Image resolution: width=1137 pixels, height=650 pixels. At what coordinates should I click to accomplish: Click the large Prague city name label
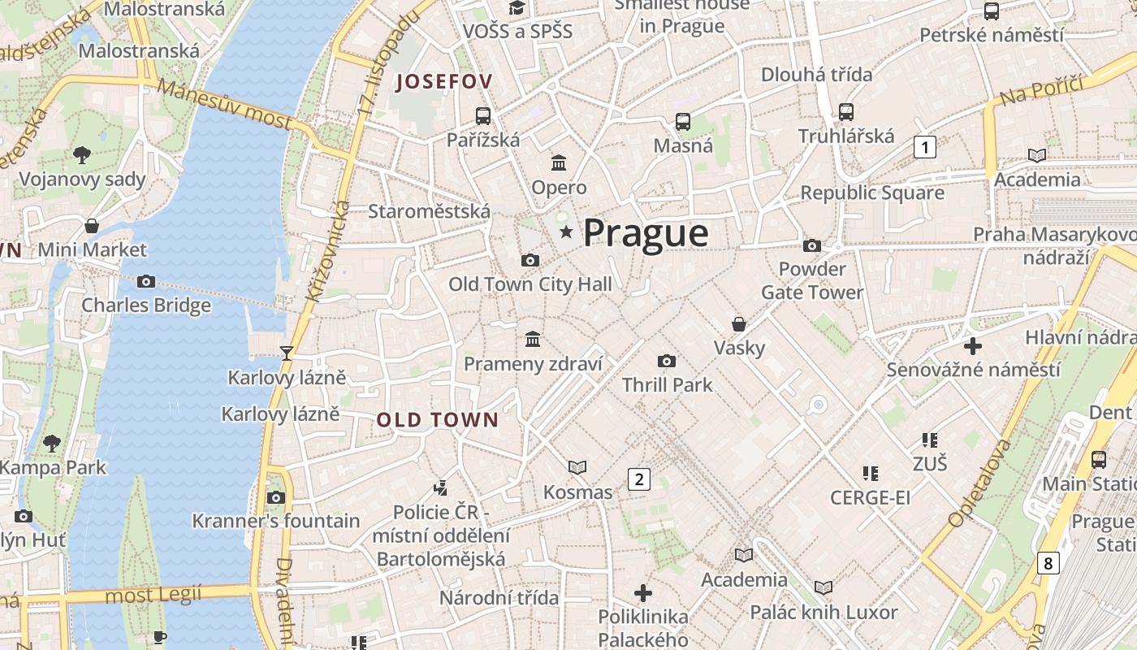pos(646,233)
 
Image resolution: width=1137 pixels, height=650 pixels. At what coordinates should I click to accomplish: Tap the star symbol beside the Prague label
pos(566,233)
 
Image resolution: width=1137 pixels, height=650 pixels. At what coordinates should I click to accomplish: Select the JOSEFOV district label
pos(443,81)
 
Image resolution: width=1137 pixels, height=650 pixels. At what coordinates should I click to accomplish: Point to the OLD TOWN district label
pos(438,420)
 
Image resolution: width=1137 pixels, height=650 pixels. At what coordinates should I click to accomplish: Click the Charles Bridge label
pos(146,305)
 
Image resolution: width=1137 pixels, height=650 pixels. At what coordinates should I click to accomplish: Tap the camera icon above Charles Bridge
pos(146,281)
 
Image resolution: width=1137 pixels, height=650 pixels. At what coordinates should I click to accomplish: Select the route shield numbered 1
pos(924,147)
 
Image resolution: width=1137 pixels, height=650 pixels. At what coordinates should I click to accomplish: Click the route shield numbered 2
pos(639,479)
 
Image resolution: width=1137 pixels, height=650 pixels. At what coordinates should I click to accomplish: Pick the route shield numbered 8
pos(1048,562)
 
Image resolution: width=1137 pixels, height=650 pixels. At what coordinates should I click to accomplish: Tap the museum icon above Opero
pos(559,163)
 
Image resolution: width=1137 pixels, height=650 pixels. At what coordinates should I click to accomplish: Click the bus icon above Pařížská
pos(483,115)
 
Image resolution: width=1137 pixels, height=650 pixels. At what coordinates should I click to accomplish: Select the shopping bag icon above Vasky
pos(739,324)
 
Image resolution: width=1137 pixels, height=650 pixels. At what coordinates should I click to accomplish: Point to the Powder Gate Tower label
pos(812,280)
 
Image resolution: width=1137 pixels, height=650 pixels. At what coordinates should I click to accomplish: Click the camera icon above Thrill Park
pos(667,361)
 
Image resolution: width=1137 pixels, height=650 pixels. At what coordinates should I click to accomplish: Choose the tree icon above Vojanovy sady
pos(81,154)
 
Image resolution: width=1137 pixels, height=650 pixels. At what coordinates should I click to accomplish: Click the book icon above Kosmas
pos(577,467)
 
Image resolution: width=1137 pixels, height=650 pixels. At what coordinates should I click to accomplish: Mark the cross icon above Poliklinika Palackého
pos(643,592)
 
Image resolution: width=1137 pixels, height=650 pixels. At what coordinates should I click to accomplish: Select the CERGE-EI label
pos(870,497)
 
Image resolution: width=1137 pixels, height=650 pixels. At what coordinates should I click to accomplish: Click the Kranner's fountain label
pos(276,521)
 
